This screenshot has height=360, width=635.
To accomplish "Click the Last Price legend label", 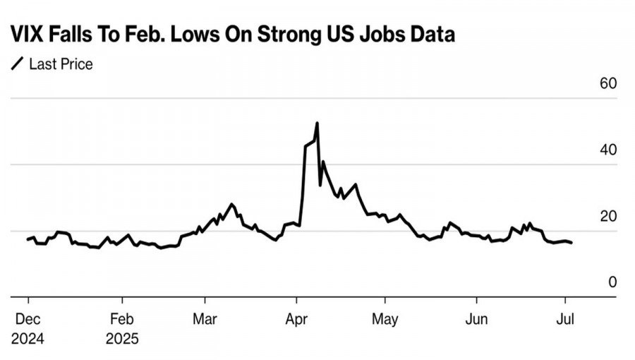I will tap(61, 64).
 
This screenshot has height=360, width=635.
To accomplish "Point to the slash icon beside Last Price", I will tap(17, 64).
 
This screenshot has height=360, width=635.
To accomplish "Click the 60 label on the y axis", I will tap(608, 83).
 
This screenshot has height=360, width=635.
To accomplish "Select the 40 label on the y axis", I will tap(608, 150).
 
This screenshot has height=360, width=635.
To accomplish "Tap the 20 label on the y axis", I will tap(608, 216).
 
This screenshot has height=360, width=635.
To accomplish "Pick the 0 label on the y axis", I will tap(612, 282).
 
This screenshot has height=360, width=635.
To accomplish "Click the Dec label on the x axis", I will tap(28, 318).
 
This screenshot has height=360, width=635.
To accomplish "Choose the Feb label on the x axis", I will tap(121, 318).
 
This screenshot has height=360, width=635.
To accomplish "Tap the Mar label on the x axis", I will tap(205, 318).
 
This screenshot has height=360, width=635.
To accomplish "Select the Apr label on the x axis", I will tap(297, 318).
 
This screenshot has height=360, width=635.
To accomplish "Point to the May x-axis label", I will tap(385, 318).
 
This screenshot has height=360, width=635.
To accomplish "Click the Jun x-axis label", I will tap(477, 318).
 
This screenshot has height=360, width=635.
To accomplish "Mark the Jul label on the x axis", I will tap(564, 318).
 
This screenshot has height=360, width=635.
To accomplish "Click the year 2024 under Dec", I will tap(28, 338).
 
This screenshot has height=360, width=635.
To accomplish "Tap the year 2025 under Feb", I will tap(122, 338).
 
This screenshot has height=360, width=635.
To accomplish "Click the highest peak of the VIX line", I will tap(317, 124).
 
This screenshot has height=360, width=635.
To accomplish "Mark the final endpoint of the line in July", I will tap(571, 243).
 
